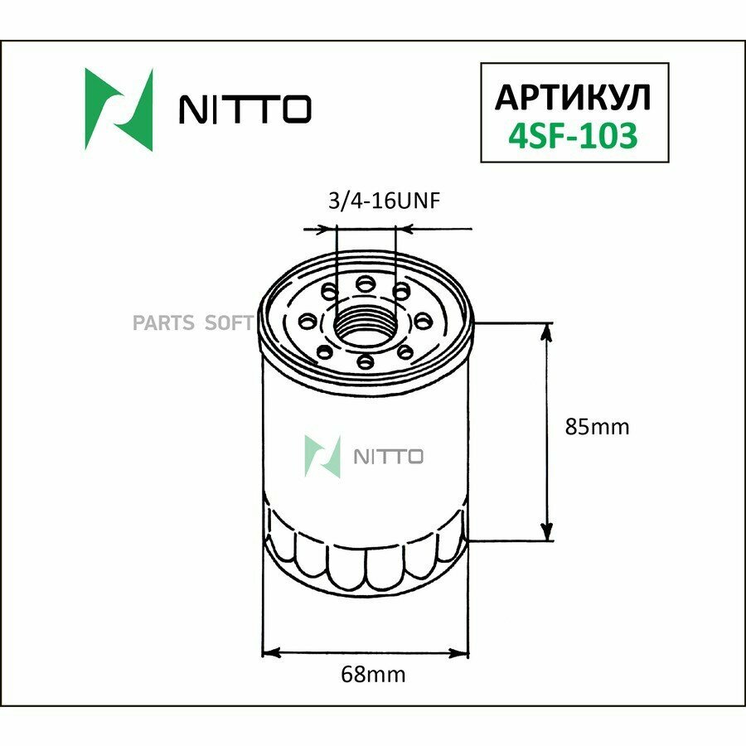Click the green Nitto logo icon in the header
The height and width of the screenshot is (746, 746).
[119, 109]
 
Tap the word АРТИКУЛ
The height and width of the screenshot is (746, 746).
[573, 97]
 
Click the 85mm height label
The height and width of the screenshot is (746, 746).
[597, 428]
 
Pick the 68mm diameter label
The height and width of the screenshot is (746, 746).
[373, 675]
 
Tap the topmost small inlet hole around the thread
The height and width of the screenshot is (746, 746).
[365, 284]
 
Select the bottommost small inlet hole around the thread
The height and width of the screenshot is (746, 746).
[365, 361]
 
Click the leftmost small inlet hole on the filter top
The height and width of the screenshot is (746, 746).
[309, 321]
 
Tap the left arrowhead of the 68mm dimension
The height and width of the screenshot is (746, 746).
[269, 652]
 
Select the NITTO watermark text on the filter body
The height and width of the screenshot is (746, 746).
[389, 457]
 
